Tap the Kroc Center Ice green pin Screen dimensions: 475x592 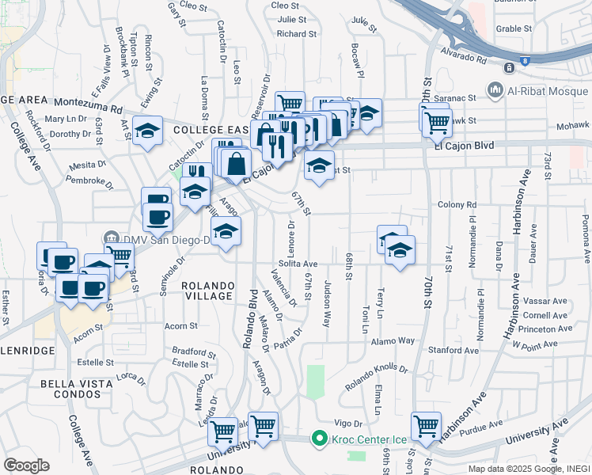320,438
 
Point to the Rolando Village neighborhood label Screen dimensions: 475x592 208,291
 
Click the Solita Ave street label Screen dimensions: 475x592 298,264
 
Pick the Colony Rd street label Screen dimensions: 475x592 456,205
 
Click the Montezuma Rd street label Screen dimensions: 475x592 88,104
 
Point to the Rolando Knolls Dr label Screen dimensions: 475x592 377,377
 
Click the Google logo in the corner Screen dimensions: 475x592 26,465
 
